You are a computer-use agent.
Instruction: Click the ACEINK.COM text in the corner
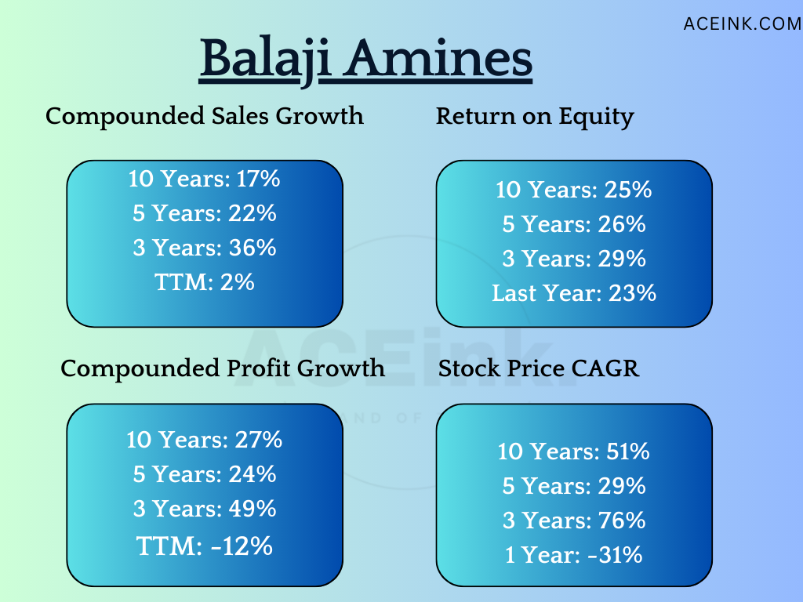tap(743, 24)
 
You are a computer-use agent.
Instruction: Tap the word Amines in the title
tap(438, 58)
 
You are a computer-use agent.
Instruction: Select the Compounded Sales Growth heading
tap(205, 116)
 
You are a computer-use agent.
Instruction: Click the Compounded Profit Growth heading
tap(223, 368)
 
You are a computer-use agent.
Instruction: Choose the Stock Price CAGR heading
tap(539, 368)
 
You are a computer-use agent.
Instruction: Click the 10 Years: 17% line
tap(205, 180)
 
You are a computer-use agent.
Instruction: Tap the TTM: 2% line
tap(205, 282)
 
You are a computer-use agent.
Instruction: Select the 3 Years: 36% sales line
tap(205, 248)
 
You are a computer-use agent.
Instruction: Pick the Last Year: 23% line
tap(574, 293)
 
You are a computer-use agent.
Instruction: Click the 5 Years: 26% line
tap(574, 225)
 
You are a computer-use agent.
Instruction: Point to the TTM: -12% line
tap(205, 546)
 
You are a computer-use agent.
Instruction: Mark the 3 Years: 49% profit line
tap(205, 509)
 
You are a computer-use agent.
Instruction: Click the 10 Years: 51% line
tap(574, 452)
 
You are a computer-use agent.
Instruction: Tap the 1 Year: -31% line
tap(574, 555)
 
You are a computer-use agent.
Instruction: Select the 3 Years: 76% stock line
tap(574, 520)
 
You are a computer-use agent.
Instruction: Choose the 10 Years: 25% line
tap(574, 190)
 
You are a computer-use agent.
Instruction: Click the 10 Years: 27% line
tap(205, 441)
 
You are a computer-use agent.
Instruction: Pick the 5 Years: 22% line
tap(205, 213)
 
